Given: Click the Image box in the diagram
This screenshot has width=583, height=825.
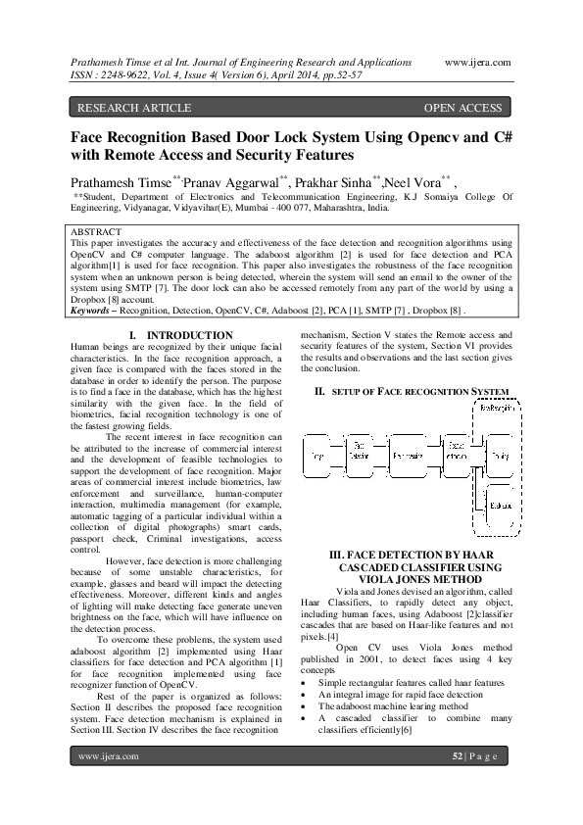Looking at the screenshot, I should [316, 457].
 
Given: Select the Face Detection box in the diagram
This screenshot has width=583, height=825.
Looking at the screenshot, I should [360, 457].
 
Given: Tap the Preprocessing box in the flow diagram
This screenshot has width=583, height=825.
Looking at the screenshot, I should [407, 457].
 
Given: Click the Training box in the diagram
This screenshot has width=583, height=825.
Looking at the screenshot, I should [501, 457].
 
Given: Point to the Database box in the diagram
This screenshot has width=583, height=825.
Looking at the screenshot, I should [501, 506].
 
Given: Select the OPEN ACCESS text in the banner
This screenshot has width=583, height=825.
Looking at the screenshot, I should [462, 108].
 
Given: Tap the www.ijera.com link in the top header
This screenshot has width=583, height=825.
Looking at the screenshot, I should [477, 61].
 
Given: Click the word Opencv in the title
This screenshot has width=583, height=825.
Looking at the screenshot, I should [418, 136].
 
